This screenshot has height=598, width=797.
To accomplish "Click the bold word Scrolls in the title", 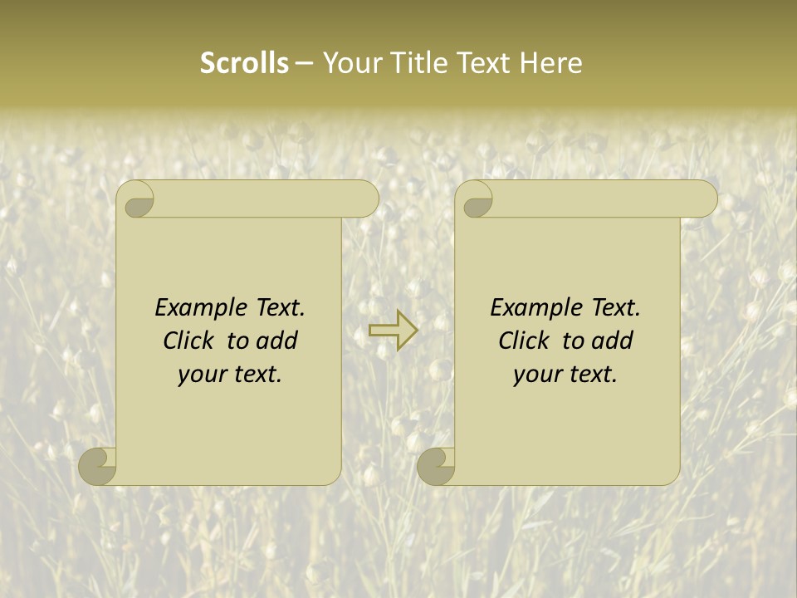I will tap(244, 62).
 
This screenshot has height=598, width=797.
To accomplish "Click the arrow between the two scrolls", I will tap(393, 331).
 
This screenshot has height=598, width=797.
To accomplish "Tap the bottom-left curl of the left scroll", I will tap(98, 467).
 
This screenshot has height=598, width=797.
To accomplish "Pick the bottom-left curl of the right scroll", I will tap(436, 467).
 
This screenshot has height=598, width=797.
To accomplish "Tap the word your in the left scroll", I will tap(199, 375).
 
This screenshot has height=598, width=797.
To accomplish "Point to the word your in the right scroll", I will tap(535, 375).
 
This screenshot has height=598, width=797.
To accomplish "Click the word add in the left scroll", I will tap(277, 341).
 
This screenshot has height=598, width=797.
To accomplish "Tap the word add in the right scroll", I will tap(613, 341).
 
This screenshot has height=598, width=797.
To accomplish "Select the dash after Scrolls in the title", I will tap(304, 63).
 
